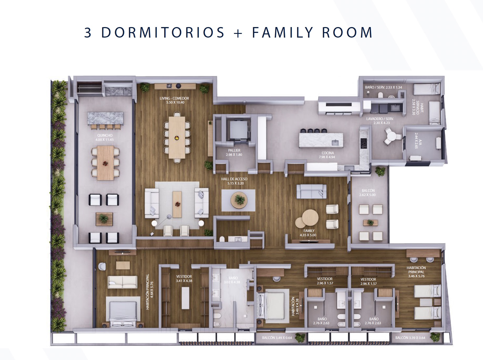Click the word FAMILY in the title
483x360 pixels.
(282, 32)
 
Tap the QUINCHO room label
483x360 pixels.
(105, 136)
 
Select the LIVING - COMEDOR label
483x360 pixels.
(174, 99)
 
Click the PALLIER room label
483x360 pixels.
(234, 151)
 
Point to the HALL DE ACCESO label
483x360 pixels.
(234, 179)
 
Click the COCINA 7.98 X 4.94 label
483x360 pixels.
(328, 155)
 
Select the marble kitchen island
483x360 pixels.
(321, 140)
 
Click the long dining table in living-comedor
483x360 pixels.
(177, 137)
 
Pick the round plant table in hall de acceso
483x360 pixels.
(239, 200)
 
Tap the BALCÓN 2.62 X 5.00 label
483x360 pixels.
(368, 193)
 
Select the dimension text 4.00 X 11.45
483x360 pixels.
(105, 140)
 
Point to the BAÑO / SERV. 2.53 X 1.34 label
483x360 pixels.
(383, 87)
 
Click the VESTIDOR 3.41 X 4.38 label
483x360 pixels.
(184, 279)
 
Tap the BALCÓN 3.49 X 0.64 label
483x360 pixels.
(277, 338)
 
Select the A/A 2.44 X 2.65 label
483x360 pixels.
(416, 141)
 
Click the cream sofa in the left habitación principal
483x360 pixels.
(122, 282)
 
